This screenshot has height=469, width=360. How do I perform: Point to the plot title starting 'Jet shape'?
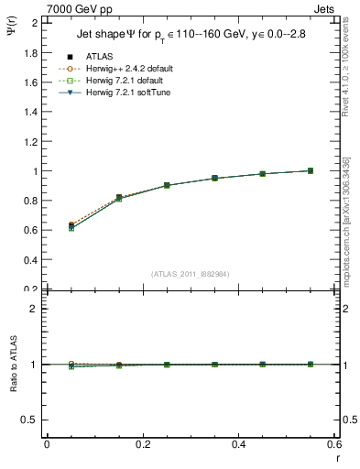pyautogui.click(x=191, y=36)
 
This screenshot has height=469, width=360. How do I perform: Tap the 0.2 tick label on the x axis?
pyautogui.click(x=142, y=444)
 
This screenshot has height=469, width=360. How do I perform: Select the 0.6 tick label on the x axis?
pyautogui.click(x=334, y=444)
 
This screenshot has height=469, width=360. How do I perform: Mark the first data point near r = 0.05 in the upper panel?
pyautogui.click(x=71, y=225)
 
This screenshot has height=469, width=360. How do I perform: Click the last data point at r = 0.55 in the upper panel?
pyautogui.click(x=310, y=170)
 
